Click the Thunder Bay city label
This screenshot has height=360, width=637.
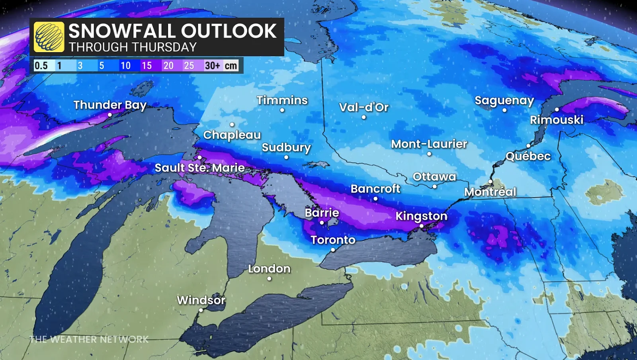(x=110, y=105)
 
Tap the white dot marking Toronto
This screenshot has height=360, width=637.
(x=333, y=250)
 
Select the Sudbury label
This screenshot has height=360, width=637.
(x=286, y=147)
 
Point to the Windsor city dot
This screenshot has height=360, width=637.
(x=201, y=310)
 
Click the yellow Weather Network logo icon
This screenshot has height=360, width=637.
(x=49, y=37)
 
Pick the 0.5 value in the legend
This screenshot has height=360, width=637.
(x=41, y=65)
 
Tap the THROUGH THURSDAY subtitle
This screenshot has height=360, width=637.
(x=133, y=47)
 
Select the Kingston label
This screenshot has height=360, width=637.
(x=421, y=216)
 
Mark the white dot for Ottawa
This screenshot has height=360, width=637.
(x=434, y=186)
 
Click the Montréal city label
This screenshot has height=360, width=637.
(x=490, y=192)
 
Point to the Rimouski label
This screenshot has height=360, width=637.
(x=556, y=119)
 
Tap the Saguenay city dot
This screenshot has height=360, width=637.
(x=504, y=110)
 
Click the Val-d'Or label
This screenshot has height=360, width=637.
(x=363, y=107)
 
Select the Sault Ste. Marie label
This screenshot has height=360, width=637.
(x=199, y=168)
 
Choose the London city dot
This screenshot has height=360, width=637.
(x=269, y=279)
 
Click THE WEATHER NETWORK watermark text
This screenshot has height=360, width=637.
(x=89, y=339)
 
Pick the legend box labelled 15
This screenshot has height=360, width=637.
(x=147, y=65)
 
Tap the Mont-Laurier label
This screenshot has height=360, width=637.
(x=429, y=144)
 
